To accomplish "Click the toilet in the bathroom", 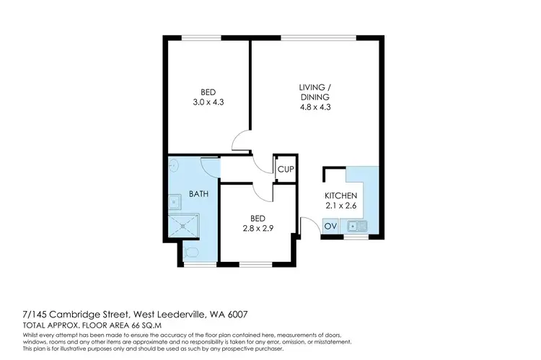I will point(190,253).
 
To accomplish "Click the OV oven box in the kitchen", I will point(331,227).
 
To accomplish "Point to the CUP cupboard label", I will point(285,170).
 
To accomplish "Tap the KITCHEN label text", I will point(340,196).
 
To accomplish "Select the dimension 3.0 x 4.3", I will point(208,103).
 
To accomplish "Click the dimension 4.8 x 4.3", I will point(315,107).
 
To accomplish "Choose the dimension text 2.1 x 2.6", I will point(340,206).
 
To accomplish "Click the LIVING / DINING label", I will point(315,92).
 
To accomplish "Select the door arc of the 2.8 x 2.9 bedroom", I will point(263,192).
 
